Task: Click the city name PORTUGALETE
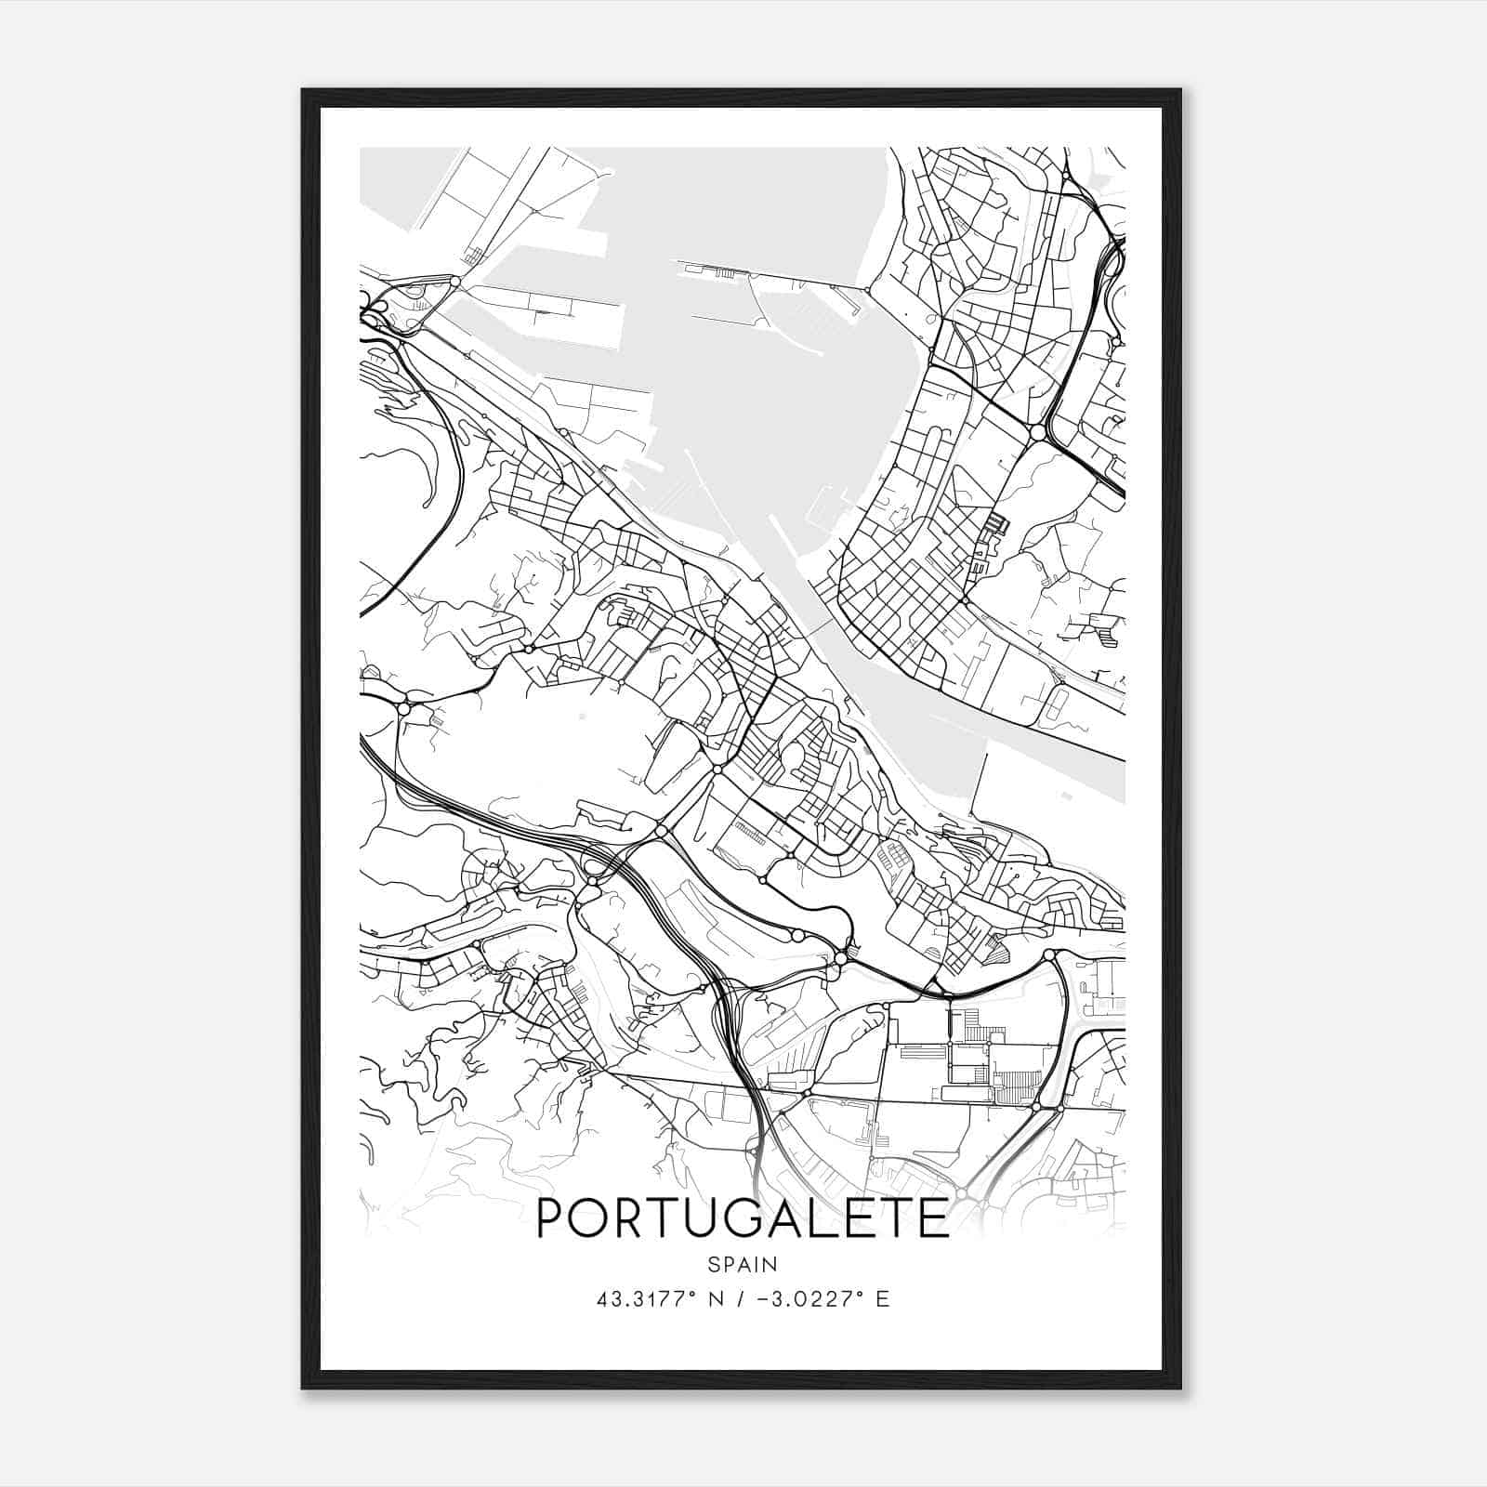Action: coord(743,1218)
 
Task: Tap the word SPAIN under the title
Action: coord(743,1265)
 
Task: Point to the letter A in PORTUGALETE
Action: coord(784,1218)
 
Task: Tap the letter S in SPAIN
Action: coord(712,1265)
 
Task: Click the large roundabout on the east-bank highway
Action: coord(1038,432)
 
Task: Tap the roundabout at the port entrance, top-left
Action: coord(454,280)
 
